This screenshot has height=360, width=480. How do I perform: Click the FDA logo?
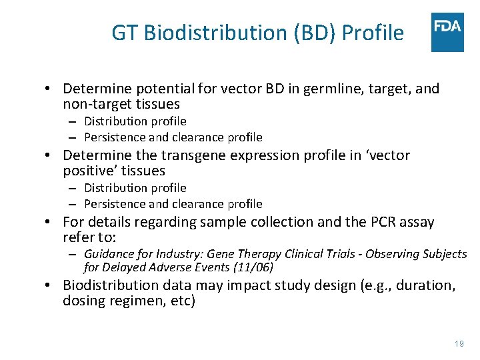447,31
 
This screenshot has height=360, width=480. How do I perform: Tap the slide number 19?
459,343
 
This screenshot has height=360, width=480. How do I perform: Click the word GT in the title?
125,33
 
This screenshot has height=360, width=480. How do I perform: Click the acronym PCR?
374,222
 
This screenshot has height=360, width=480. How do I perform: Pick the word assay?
416,222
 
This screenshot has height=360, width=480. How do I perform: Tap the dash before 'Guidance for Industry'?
74,254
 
